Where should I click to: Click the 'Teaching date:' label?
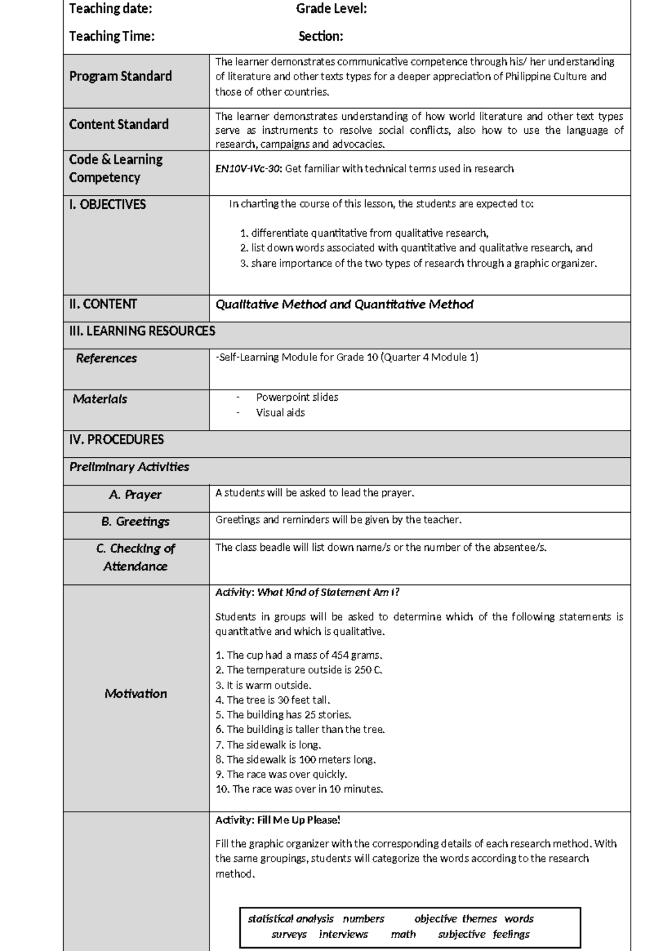[110, 9]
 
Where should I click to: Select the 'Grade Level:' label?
[332, 9]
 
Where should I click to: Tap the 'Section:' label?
[321, 37]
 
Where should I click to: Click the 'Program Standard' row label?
[120, 77]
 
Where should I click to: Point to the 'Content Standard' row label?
[119, 125]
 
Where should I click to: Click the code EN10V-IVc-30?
[249, 169]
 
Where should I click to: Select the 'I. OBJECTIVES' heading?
[108, 205]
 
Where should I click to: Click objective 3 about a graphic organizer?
[418, 264]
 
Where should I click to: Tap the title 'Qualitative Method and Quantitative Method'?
[344, 304]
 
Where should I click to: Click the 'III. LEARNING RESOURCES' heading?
[142, 331]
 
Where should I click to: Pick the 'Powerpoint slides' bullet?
[297, 397]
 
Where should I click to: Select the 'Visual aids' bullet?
[280, 413]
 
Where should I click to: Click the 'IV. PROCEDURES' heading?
[116, 440]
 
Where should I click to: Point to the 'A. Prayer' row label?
[135, 495]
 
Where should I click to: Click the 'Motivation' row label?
[136, 694]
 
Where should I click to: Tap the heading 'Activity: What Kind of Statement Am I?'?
[307, 593]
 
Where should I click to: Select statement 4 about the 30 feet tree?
[273, 700]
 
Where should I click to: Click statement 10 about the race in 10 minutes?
[299, 789]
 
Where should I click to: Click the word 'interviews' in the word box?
[343, 934]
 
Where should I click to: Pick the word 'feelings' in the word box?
[511, 934]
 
